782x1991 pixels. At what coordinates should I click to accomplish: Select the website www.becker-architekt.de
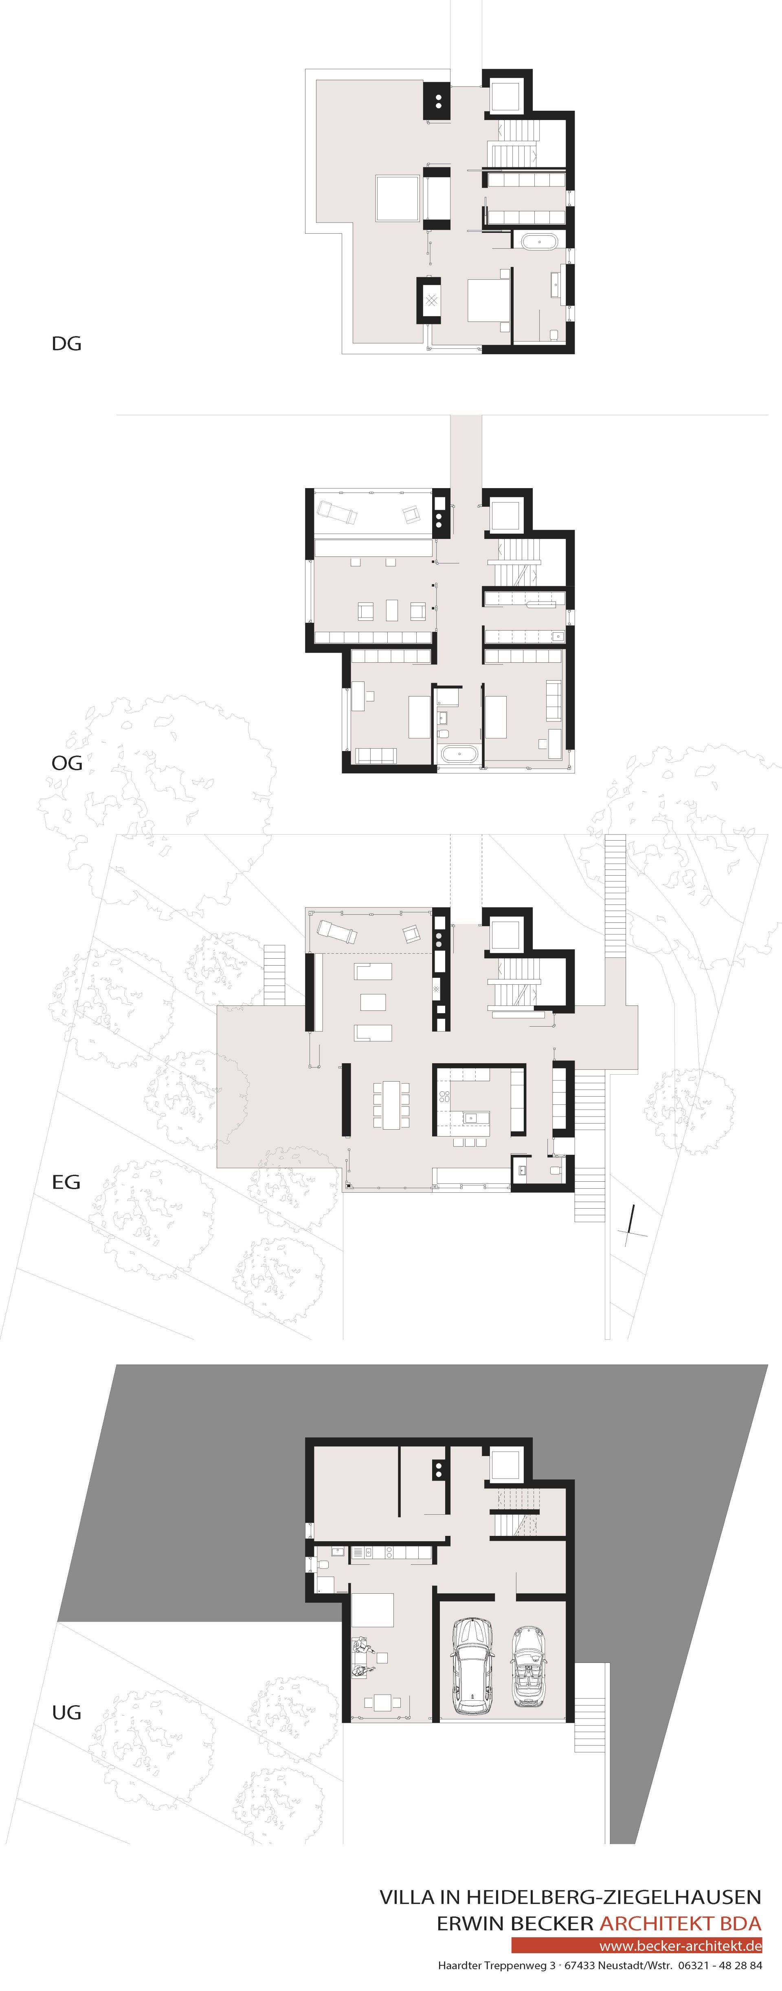click(x=680, y=1945)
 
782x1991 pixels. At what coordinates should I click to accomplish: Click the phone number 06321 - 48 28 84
click(x=719, y=1965)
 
